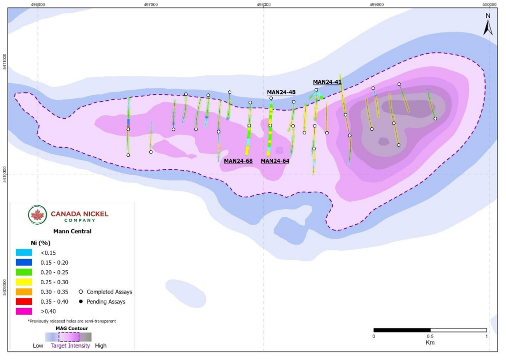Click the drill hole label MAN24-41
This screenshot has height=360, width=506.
(327, 82)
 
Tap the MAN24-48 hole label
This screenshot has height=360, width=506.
(281, 92)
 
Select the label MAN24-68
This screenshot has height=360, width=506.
(238, 161)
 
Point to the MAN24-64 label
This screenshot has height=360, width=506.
(275, 161)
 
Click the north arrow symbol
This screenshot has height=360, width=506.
(488, 25)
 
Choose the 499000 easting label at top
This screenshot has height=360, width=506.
(376, 4)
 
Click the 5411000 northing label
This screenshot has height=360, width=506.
(4, 62)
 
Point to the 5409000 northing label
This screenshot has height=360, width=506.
(4, 287)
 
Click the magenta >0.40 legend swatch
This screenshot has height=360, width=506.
(24, 311)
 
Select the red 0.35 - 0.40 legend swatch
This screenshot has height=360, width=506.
(24, 302)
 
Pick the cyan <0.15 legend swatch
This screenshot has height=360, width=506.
(24, 253)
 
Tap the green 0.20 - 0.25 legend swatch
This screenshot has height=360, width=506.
(24, 272)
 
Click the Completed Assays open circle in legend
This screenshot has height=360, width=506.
(80, 292)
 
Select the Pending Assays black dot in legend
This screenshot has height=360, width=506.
(80, 302)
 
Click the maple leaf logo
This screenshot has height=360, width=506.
(37, 215)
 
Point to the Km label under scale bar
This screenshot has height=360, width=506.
(430, 343)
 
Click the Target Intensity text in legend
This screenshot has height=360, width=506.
(70, 346)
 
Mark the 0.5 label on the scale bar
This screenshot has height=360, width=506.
(430, 336)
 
